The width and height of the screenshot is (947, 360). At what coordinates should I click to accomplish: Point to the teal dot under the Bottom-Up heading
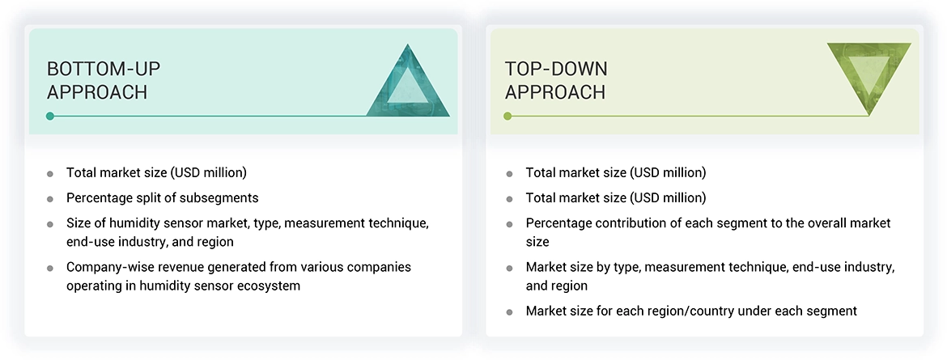coord(50,116)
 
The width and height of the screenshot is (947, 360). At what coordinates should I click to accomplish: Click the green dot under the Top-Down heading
coord(507,116)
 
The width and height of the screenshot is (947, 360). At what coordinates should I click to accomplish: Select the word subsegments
coord(223,197)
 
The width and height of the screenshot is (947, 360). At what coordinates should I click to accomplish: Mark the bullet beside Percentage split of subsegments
coord(50,198)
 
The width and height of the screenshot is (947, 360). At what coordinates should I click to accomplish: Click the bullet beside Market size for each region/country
coord(509,311)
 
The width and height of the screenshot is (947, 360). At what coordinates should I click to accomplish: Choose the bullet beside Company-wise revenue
coord(50,268)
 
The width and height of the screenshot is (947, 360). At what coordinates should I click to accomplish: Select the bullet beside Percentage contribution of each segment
coord(509,223)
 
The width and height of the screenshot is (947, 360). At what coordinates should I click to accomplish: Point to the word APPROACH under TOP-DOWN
coord(555,92)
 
